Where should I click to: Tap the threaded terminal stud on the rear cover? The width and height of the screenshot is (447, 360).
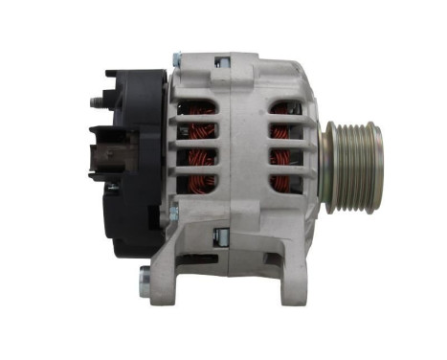pyautogui.click(x=98, y=100)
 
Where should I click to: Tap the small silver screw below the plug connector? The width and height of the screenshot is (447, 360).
pyautogui.click(x=114, y=187)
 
